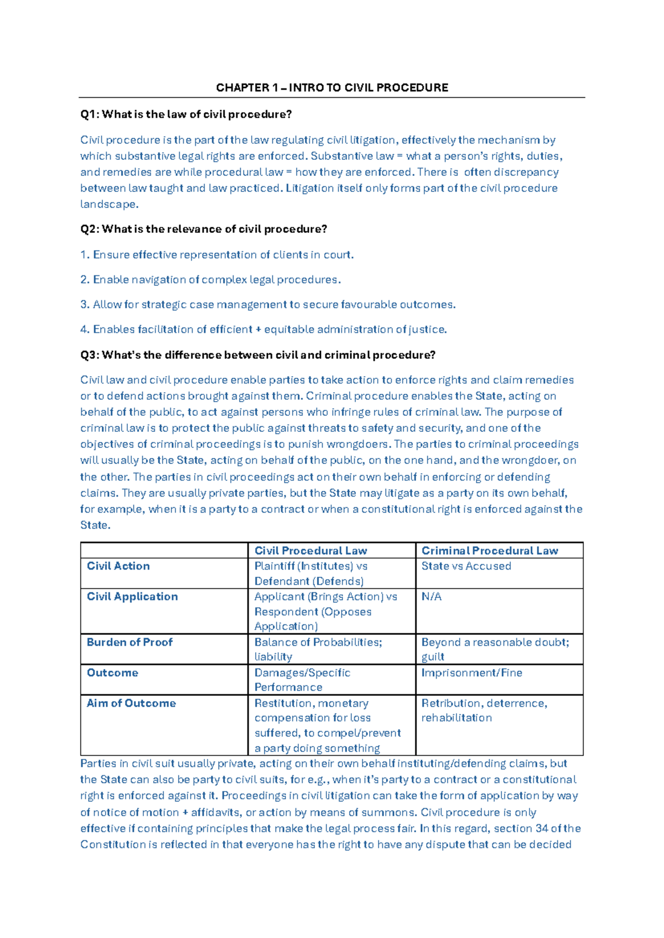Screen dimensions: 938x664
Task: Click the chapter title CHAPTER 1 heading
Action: point(332,87)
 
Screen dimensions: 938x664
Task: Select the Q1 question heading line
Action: point(186,114)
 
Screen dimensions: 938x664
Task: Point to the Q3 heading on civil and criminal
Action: point(258,355)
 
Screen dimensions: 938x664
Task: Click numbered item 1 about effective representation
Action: point(217,255)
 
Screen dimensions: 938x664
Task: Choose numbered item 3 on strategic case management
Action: point(268,305)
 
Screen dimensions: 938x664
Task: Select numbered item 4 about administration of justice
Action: point(263,330)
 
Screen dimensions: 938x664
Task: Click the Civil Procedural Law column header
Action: point(310,550)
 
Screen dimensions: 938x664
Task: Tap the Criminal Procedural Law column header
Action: point(490,550)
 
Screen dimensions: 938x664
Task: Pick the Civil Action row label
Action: point(118,566)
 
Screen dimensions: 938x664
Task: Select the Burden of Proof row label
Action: point(129,642)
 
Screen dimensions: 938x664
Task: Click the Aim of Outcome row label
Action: point(131,703)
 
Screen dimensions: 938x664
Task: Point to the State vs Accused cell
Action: point(466,566)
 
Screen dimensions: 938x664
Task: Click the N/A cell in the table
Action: point(431,597)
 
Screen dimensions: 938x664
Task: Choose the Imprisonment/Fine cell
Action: point(471,673)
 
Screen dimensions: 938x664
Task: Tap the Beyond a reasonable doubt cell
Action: point(495,649)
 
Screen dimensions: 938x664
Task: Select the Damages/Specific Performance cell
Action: point(302,680)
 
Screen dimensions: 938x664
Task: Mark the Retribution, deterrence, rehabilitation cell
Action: point(484,710)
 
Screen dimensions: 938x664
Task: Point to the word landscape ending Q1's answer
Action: point(108,204)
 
